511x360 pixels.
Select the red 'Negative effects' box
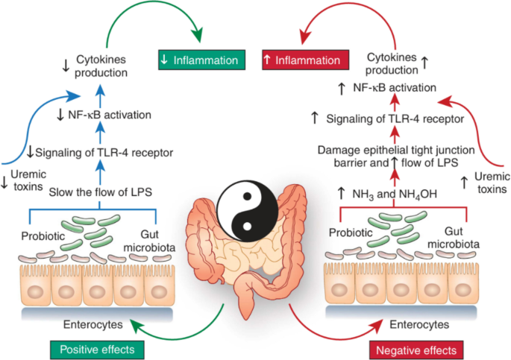pos(413,347)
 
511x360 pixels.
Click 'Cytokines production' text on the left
pos(96,67)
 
